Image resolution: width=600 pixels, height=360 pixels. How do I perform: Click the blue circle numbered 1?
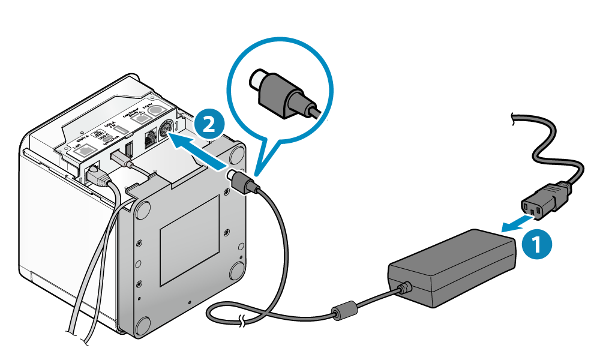536,245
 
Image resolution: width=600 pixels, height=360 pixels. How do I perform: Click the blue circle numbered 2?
208,124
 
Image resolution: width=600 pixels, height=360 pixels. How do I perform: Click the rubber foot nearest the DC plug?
236,152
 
